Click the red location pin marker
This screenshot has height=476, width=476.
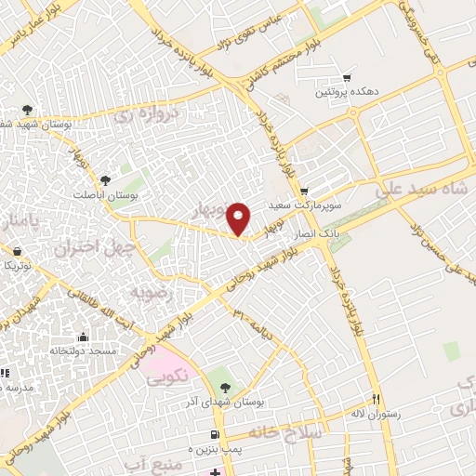(239, 218)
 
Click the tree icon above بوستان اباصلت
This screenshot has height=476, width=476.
(105, 180)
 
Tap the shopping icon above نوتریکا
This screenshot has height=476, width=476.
(16, 251)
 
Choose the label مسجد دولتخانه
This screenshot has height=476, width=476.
(84, 351)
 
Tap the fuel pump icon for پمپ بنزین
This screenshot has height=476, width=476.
(216, 435)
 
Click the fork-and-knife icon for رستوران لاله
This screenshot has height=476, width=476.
(377, 399)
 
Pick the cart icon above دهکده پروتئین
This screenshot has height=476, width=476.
(348, 77)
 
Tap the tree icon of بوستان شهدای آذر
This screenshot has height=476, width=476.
(225, 386)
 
